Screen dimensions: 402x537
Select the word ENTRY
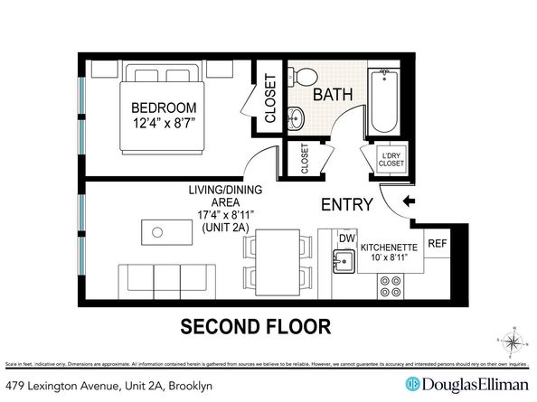[347, 204]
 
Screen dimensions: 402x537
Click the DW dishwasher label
[345, 238]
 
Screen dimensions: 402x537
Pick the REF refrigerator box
[437, 244]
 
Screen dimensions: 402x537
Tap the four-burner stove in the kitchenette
[391, 286]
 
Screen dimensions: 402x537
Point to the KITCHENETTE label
[391, 247]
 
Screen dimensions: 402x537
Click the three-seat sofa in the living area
[156, 280]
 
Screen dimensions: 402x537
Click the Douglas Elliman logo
[466, 382]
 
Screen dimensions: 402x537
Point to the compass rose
[511, 341]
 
